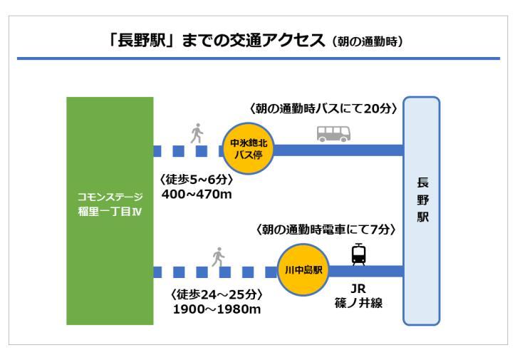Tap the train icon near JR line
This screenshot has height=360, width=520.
pyautogui.click(x=359, y=254)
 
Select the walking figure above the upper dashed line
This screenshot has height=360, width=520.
pyautogui.click(x=197, y=133)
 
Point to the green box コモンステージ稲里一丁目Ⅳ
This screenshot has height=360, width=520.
pyautogui.click(x=110, y=211)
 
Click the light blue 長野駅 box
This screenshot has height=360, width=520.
pyautogui.click(x=422, y=210)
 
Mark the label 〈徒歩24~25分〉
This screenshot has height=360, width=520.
pyautogui.click(x=217, y=294)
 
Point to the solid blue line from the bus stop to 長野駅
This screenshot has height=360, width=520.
pyautogui.click(x=338, y=150)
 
